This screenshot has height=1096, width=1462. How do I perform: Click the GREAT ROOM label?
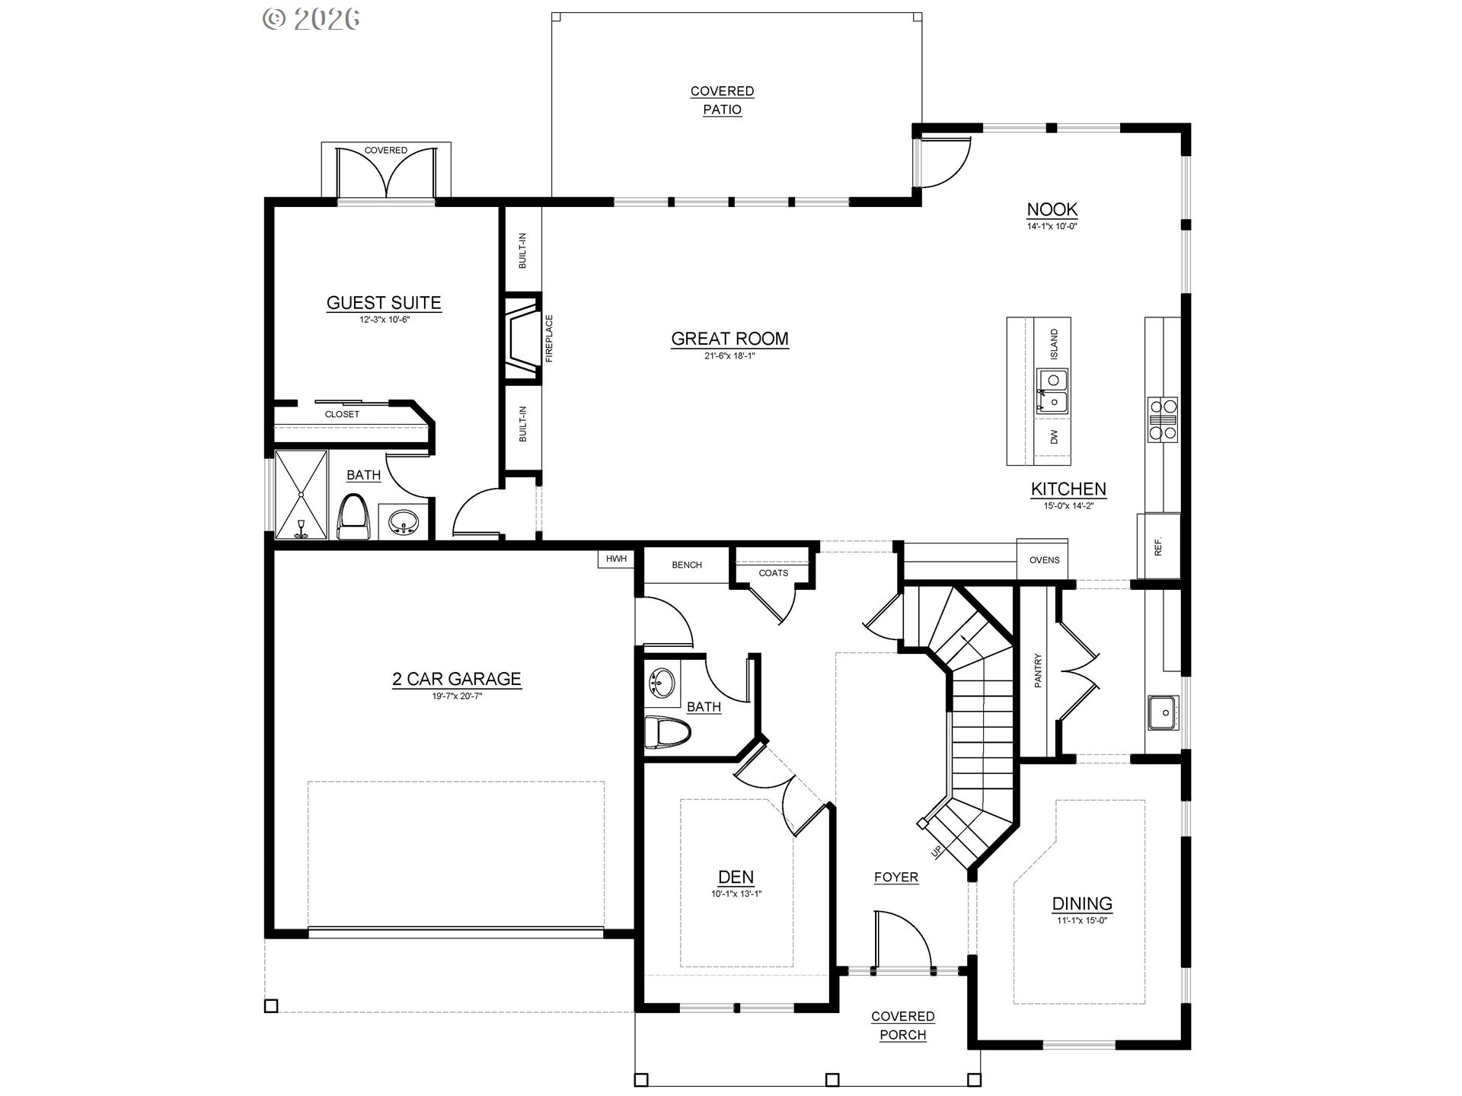tap(729, 339)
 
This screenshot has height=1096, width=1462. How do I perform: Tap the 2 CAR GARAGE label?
tap(457, 679)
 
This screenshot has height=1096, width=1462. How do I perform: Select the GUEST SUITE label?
tap(384, 303)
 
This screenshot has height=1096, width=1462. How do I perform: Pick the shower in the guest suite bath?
tap(301, 495)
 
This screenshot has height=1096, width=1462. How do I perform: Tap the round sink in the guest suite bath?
tap(403, 522)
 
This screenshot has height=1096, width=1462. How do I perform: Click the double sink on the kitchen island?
tap(1052, 391)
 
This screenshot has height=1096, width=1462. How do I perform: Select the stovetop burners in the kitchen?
tap(1163, 419)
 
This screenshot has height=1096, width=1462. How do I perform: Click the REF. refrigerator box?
tap(1158, 546)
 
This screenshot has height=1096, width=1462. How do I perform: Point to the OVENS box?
tap(1044, 559)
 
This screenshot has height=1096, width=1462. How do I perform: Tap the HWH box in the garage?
tap(616, 559)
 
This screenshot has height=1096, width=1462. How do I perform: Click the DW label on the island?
tap(1054, 437)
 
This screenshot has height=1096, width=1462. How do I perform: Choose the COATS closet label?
tap(774, 573)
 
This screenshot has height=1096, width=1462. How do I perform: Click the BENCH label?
tap(687, 565)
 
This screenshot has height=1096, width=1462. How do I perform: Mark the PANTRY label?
tap(1038, 671)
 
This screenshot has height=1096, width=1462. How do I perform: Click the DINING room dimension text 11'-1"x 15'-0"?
tap(1082, 921)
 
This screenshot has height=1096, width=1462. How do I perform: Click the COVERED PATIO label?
tap(722, 100)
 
